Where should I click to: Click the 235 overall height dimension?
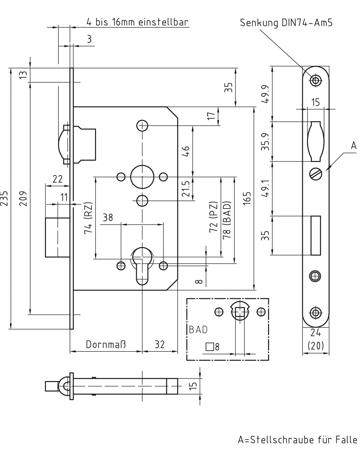point(4,199)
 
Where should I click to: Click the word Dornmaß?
point(106,344)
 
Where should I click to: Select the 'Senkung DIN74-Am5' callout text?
point(286,23)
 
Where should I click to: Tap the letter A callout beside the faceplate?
point(354,146)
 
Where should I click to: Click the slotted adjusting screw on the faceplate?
point(316,174)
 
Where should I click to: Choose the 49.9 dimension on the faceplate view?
point(266,94)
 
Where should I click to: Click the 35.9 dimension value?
point(266,142)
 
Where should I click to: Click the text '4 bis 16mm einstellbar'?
point(137,22)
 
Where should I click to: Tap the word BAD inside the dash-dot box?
point(198,330)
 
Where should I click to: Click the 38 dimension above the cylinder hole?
point(108,218)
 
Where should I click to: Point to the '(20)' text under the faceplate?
point(316,346)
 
